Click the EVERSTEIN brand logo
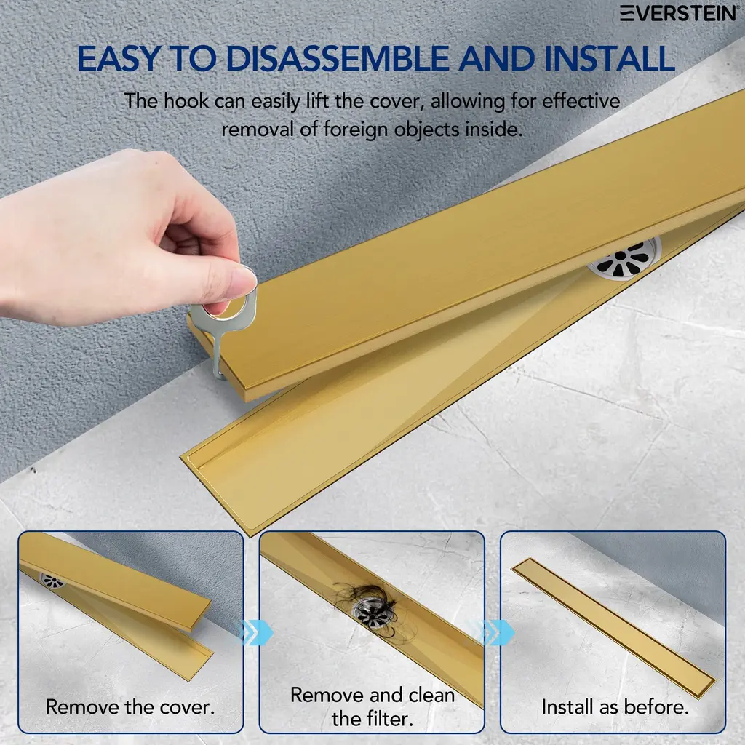point(678,13)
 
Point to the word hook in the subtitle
point(186,100)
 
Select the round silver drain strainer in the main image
point(624,259)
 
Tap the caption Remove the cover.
point(130,707)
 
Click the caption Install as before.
point(615,707)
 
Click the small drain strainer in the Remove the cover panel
point(52,581)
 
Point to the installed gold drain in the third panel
point(613,628)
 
